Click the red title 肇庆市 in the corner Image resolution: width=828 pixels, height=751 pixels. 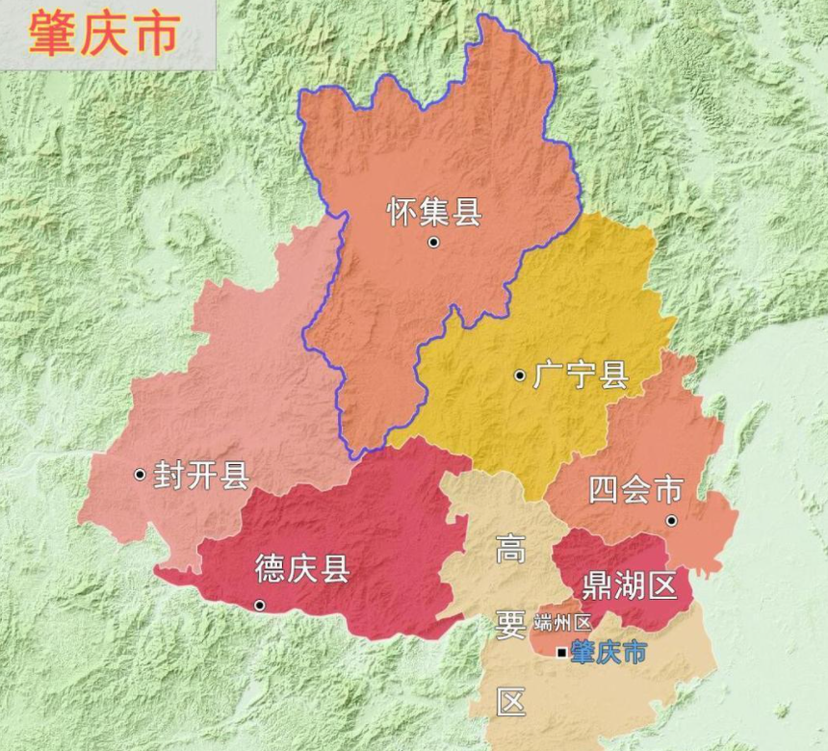coord(104,34)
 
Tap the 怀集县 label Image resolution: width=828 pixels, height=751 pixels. coord(434,211)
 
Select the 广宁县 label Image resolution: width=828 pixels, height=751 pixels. coord(581,375)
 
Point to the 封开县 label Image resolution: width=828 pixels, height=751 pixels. coord(201,475)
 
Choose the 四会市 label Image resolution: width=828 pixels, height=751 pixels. coord(636,490)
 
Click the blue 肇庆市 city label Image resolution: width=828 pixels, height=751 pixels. coord(608,652)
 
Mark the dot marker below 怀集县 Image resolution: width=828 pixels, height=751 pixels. coord(434,243)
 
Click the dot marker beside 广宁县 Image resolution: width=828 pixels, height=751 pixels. coord(520,375)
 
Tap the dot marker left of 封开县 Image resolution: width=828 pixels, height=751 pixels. coord(140,474)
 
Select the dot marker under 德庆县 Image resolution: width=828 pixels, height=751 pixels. coord(259,605)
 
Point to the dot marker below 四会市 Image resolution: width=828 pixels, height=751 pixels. coord(671,521)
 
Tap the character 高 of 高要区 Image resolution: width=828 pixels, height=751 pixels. coord(511,550)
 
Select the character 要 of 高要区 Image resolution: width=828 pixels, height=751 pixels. coord(511,626)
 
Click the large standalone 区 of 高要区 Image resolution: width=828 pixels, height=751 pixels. coord(511,702)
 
